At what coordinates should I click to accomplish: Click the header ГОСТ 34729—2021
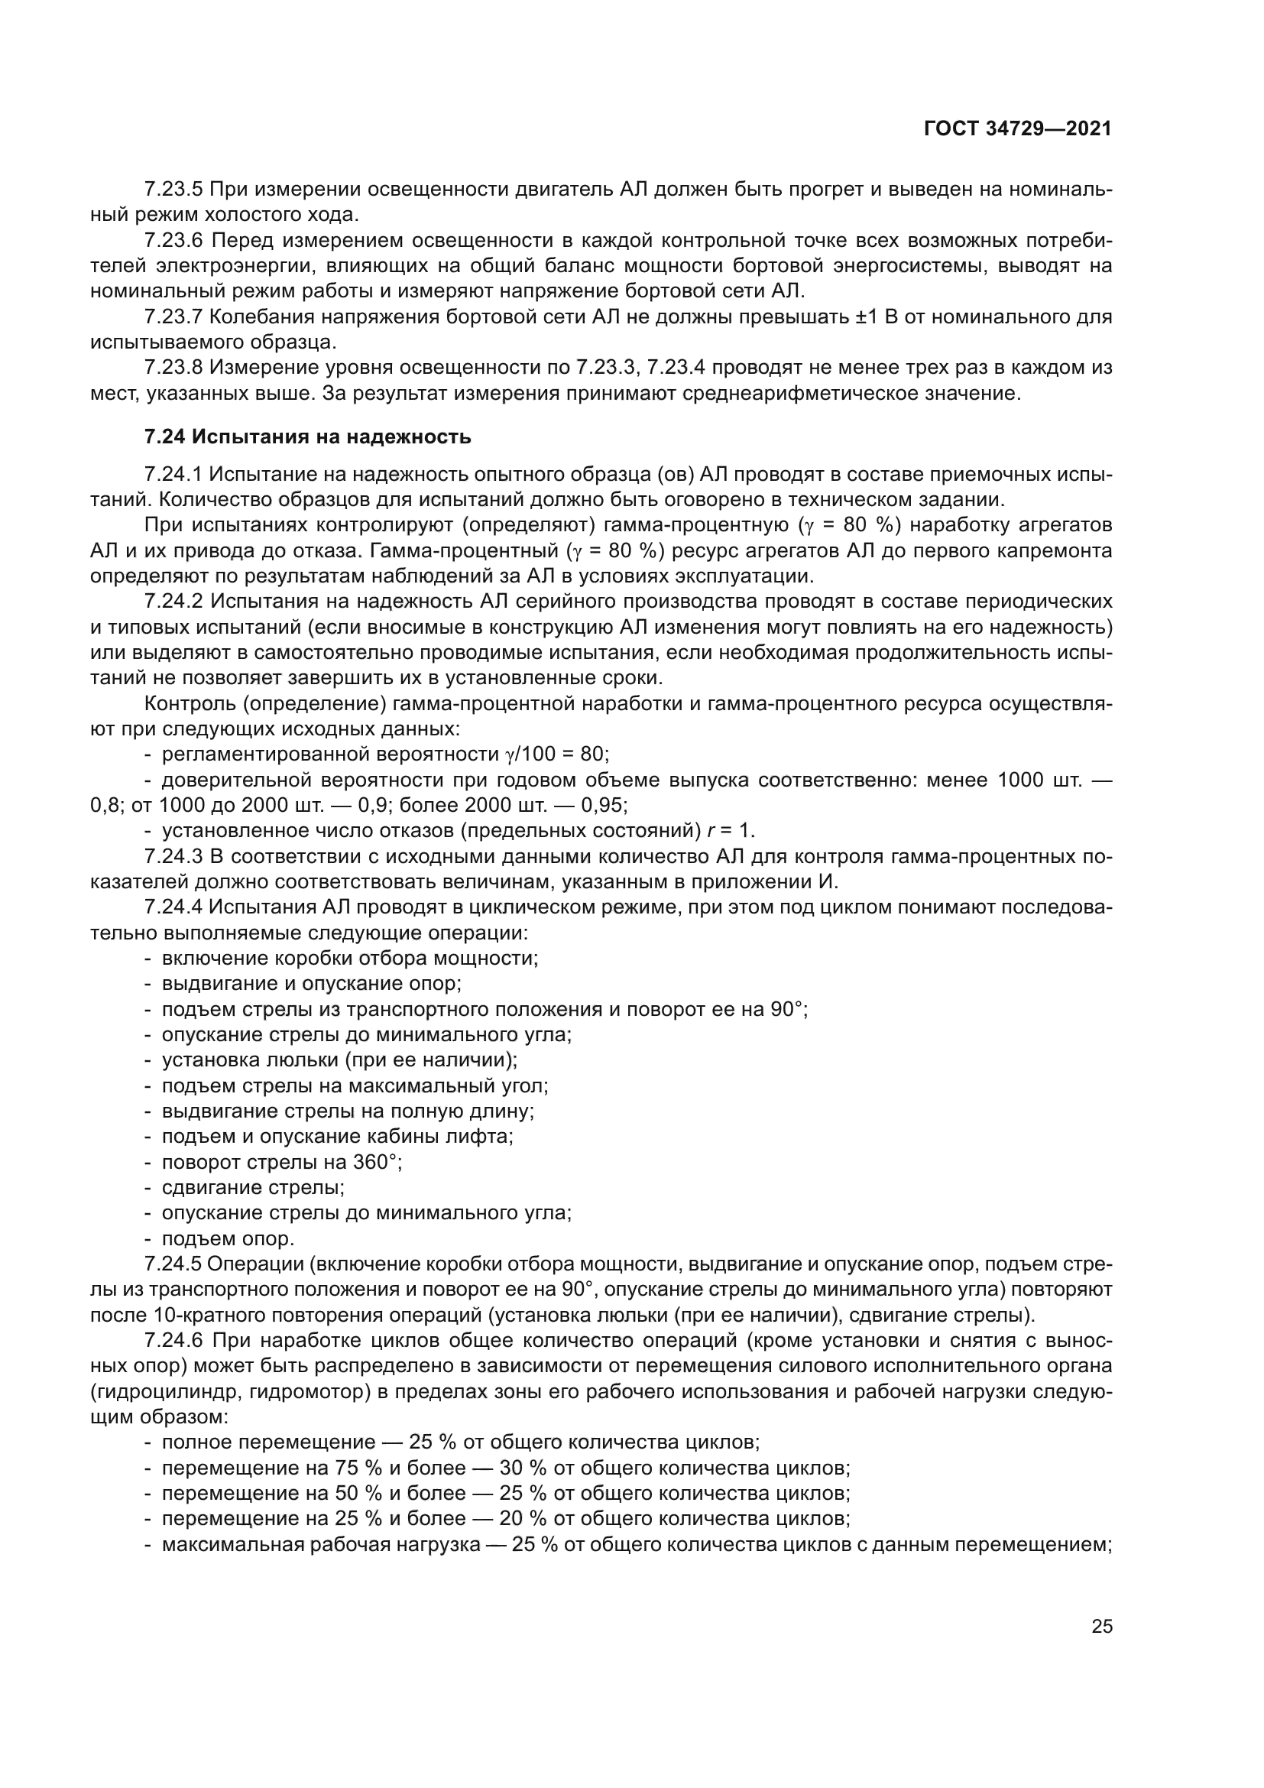click(x=1017, y=129)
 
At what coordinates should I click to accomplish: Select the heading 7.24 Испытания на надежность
click(x=307, y=437)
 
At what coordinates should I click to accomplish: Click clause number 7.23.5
click(x=173, y=190)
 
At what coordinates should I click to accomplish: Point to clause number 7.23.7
click(x=173, y=317)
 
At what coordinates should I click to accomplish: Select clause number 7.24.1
click(x=173, y=474)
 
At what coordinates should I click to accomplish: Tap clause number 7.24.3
click(x=173, y=857)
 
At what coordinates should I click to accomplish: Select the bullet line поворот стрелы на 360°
click(x=281, y=1162)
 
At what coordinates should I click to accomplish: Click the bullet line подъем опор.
click(x=227, y=1238)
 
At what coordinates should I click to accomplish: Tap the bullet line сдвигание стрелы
click(x=253, y=1188)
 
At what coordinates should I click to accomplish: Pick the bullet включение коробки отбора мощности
click(x=349, y=958)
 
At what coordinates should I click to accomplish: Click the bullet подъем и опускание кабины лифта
click(x=337, y=1136)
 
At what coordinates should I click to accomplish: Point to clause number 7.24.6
click(x=173, y=1340)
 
